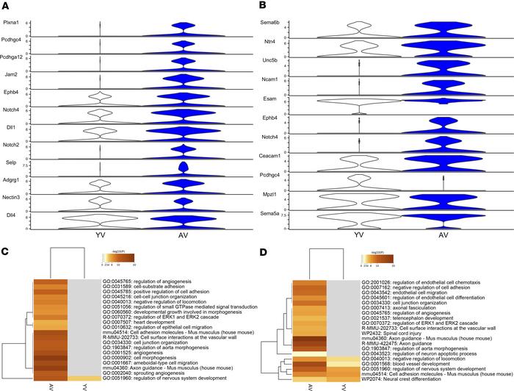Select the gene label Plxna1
[14, 23]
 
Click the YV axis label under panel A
[100, 237]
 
